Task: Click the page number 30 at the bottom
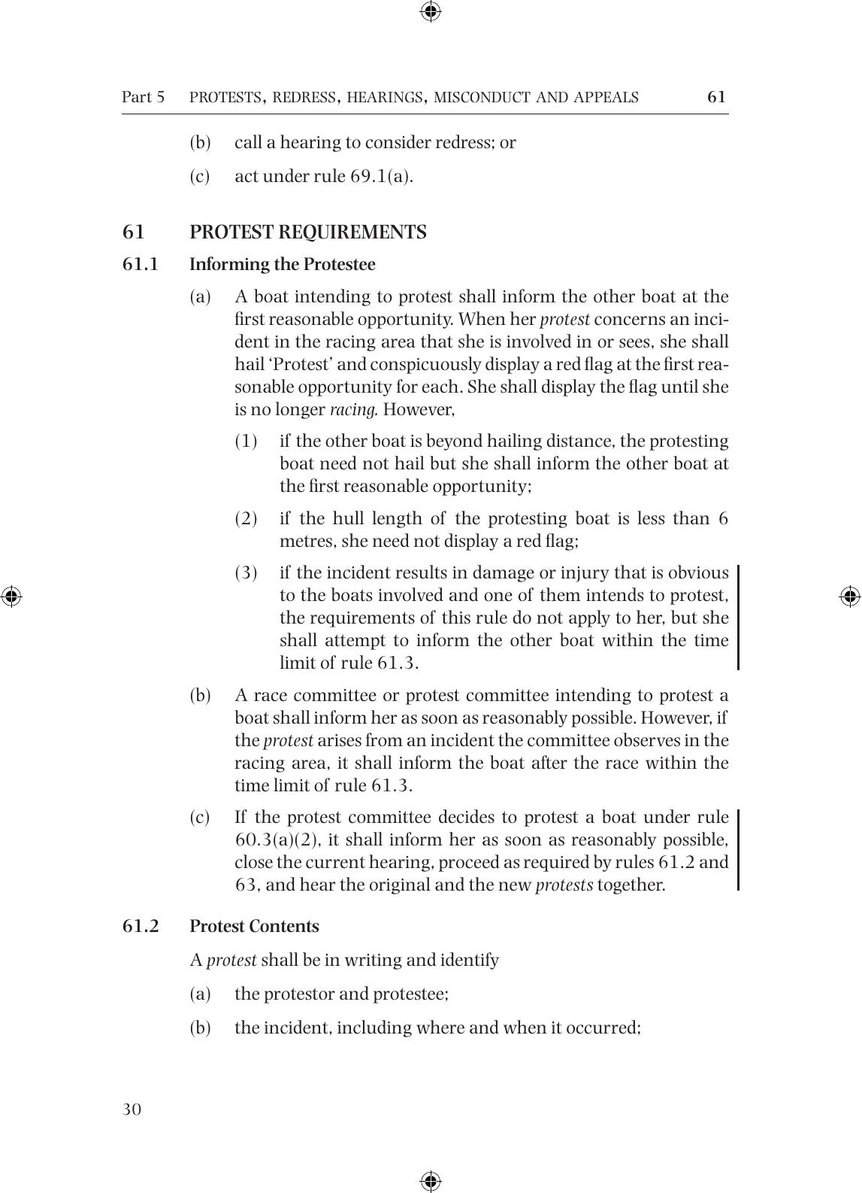coord(132,1110)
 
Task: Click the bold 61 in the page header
coord(716,96)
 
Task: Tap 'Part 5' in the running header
coord(143,97)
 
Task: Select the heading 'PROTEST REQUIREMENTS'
coord(307,232)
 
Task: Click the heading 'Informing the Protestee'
coord(282,265)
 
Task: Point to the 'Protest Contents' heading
coord(254,927)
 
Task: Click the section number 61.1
coord(141,265)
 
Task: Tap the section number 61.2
coord(141,927)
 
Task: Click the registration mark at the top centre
coord(431,11)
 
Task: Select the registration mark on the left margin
coord(11,596)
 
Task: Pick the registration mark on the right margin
coord(850,596)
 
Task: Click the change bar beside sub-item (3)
coord(738,618)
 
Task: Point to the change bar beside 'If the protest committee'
coord(738,850)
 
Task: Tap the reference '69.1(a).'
coord(382,176)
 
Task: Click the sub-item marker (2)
coord(247,518)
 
